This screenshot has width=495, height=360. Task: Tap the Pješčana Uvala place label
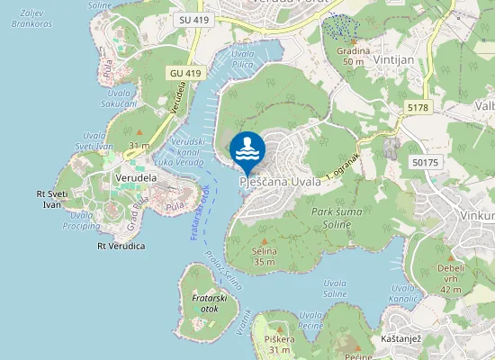[x=280, y=183]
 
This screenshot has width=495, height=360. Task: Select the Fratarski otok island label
[x=209, y=302]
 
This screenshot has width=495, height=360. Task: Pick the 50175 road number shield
[x=426, y=162]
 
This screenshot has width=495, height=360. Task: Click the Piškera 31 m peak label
[x=280, y=344]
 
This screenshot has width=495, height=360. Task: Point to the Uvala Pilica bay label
[x=243, y=59]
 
